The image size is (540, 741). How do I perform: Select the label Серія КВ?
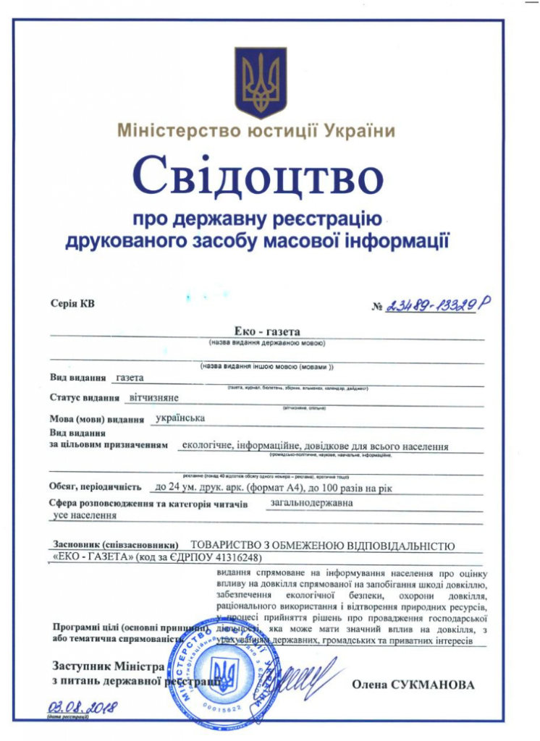pyautogui.click(x=73, y=304)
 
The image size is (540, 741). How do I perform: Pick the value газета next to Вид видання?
pyautogui.click(x=130, y=378)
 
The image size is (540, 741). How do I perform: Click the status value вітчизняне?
pyautogui.click(x=154, y=397)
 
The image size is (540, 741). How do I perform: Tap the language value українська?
pyautogui.click(x=181, y=418)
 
